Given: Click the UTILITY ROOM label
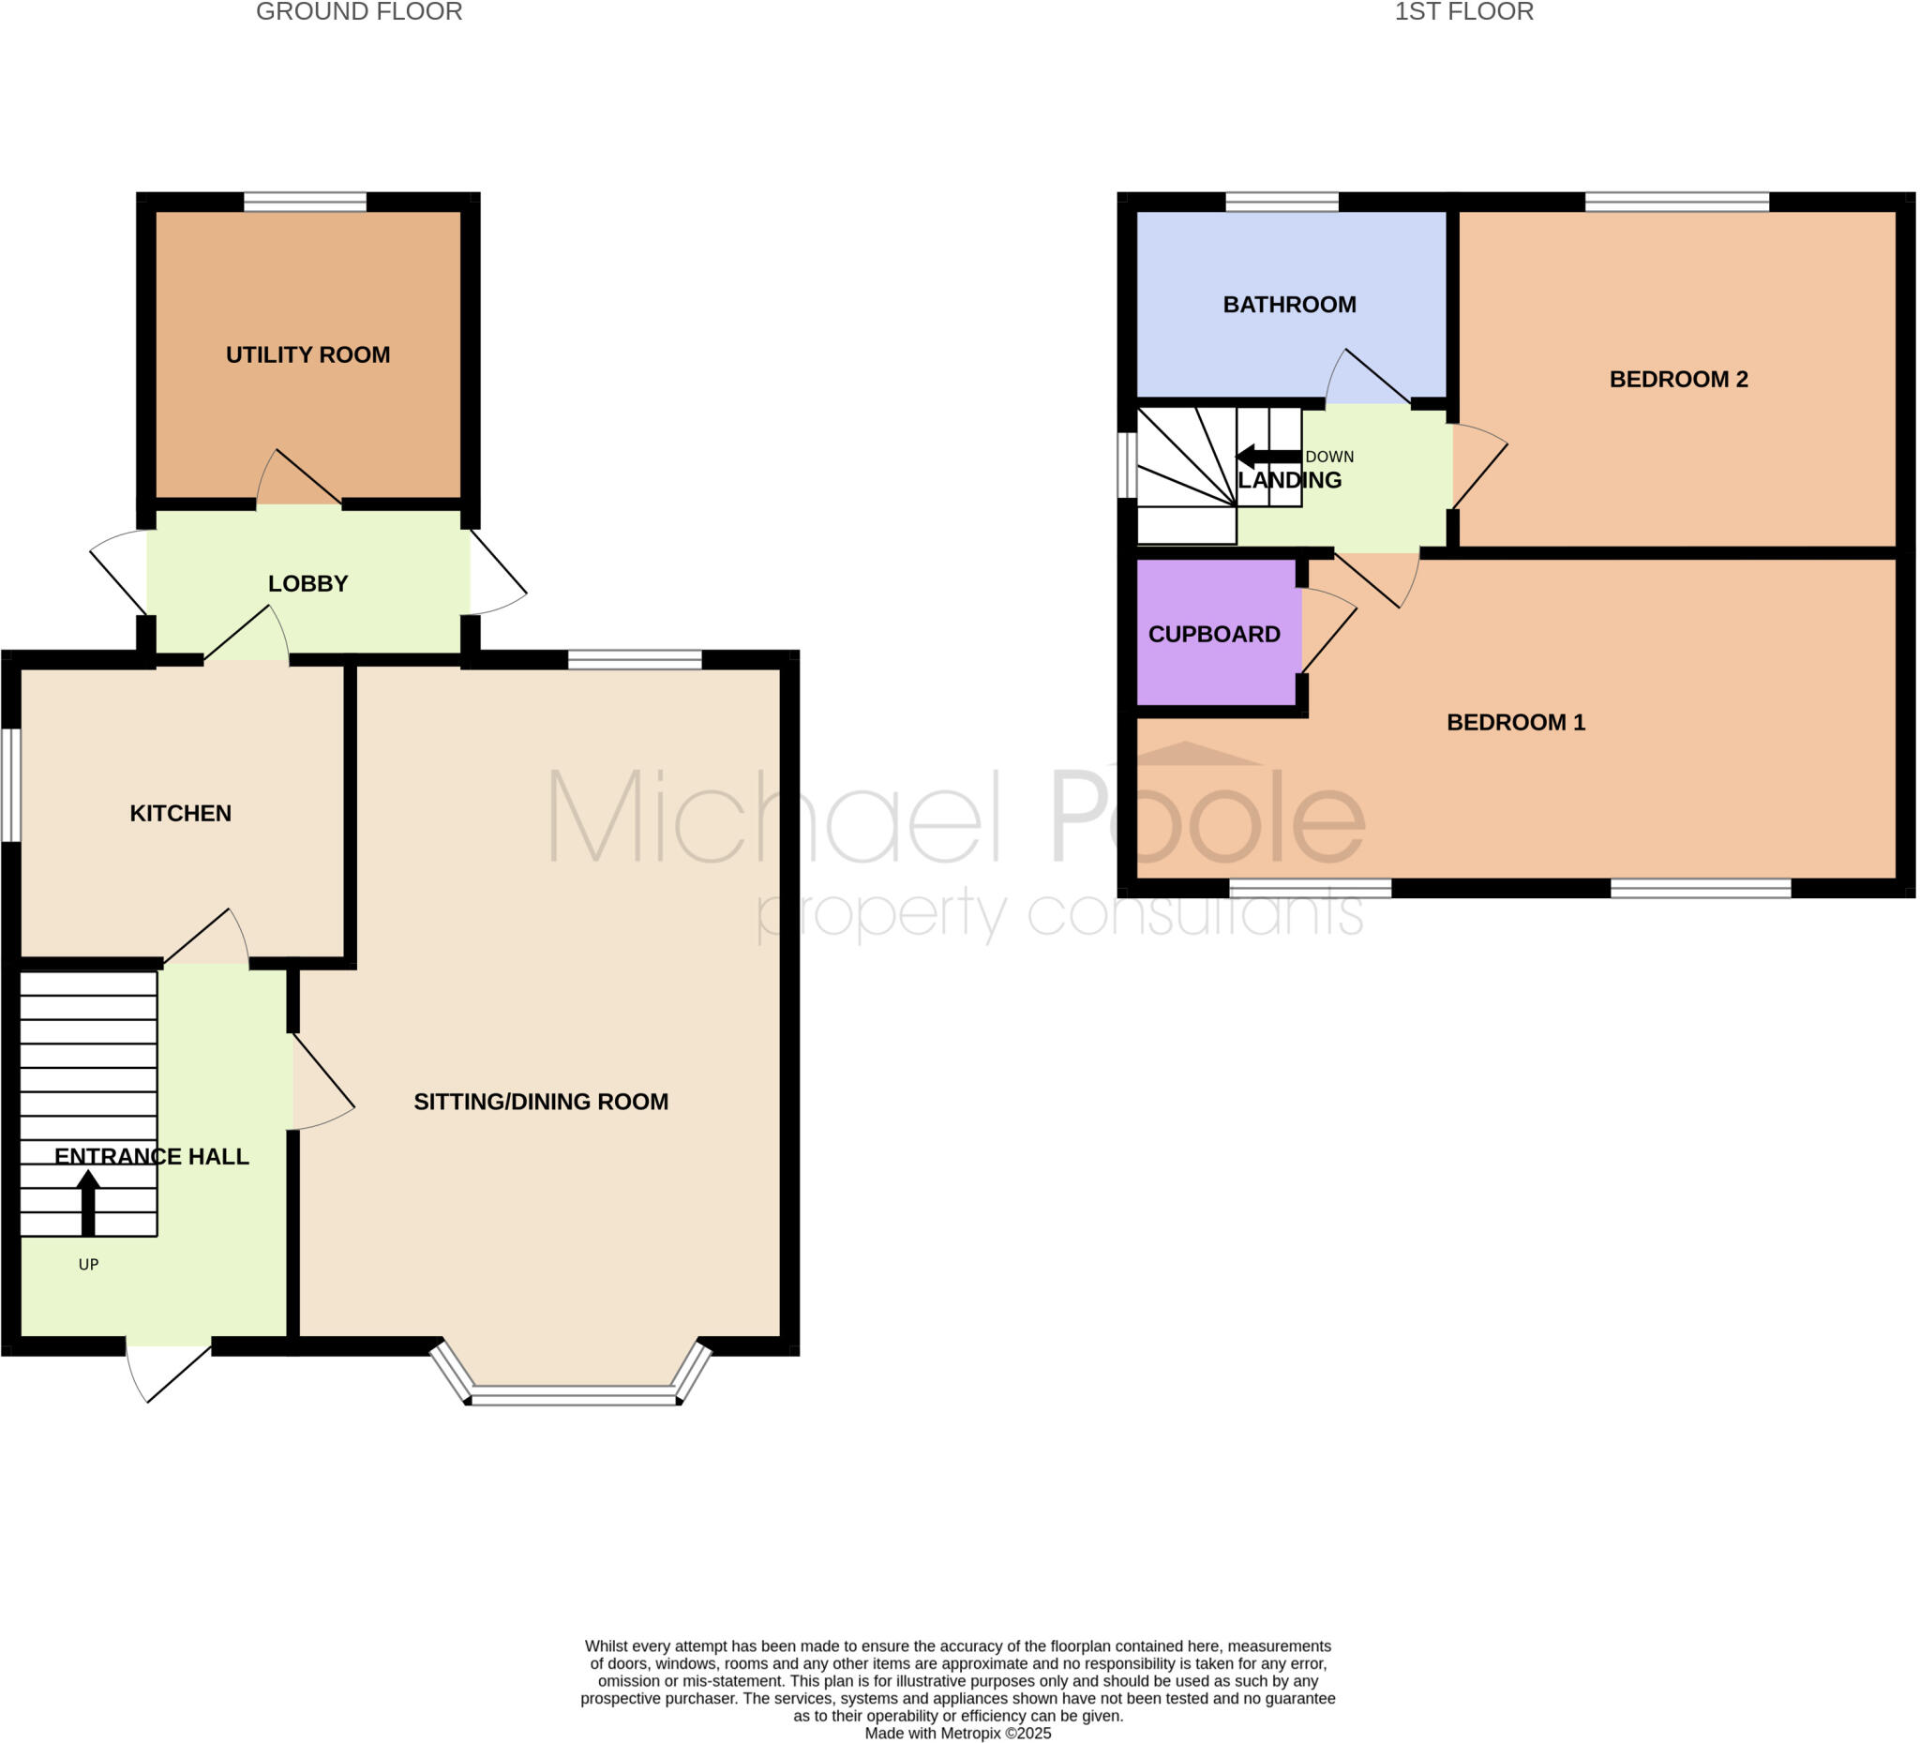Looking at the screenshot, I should click(307, 355).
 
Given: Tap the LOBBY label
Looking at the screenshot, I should click(307, 584).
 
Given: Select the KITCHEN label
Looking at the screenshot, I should click(181, 814).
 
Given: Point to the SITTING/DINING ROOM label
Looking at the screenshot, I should click(541, 1102).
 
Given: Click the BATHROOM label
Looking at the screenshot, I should click(1289, 305).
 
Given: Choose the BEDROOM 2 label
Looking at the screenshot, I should click(1678, 379).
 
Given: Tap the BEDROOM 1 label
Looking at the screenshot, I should click(1515, 722).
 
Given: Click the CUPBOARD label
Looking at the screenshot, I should click(1214, 635).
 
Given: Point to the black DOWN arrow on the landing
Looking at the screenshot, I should click(1267, 457).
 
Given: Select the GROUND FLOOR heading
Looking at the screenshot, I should click(359, 12).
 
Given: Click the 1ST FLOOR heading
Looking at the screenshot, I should click(1463, 12).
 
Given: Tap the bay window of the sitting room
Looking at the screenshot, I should click(573, 1397).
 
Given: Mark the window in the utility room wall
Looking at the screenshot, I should click(305, 202).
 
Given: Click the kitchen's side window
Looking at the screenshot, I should click(10, 786).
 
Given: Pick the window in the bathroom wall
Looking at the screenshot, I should click(1281, 202).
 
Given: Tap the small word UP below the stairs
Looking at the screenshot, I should click(88, 1265).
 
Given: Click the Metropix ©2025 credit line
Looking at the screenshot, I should click(957, 1733).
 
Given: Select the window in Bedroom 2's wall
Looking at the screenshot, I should click(1676, 202).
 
